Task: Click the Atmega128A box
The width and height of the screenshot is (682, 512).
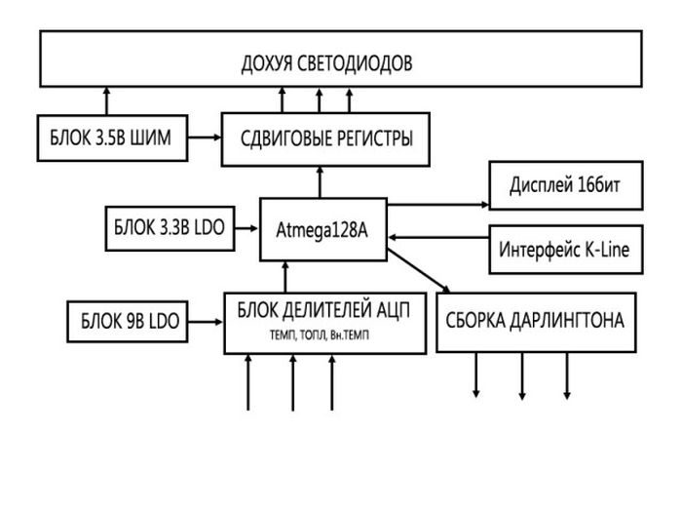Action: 322,230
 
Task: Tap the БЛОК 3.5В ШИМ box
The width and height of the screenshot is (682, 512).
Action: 113,138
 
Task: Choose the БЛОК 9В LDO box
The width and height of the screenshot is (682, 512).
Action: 128,322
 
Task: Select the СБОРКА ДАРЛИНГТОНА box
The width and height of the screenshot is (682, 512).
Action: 535,320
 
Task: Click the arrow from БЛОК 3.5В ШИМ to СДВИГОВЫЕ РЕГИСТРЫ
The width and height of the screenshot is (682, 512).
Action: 204,138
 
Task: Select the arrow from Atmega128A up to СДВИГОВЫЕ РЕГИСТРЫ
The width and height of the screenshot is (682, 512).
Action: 319,181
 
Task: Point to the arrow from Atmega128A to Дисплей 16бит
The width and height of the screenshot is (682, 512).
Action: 436,205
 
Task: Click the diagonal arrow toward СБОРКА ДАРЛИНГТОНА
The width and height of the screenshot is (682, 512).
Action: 419,274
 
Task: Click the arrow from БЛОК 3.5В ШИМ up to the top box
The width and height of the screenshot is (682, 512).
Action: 107,101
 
